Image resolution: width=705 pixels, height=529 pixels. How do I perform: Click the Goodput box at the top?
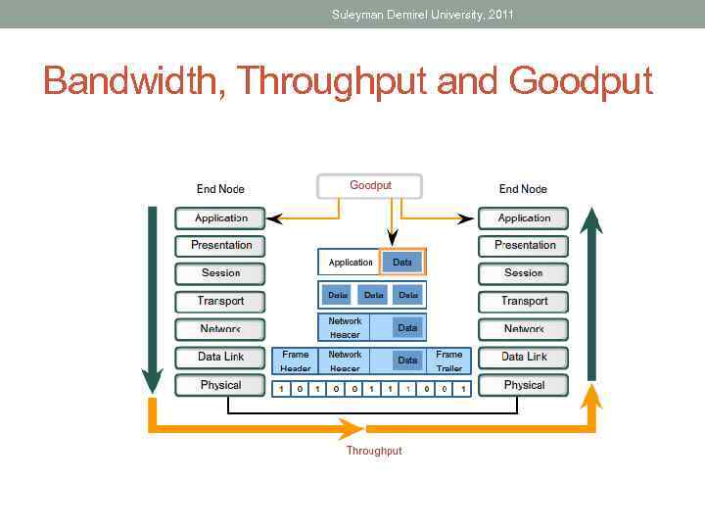369,186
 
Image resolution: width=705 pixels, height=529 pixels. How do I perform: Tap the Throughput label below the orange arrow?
374,451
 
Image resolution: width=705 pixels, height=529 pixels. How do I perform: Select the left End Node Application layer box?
220,218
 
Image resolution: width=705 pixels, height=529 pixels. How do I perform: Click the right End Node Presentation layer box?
525,245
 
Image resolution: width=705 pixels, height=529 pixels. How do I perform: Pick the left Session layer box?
220,273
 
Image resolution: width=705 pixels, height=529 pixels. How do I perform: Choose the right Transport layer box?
525,301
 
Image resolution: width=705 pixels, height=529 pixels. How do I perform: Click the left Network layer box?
220,329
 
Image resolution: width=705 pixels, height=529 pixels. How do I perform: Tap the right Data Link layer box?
525,357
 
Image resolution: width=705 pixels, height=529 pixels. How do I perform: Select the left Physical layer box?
220,385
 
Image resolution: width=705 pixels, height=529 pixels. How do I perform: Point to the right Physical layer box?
525,385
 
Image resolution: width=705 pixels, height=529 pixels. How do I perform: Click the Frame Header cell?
295,361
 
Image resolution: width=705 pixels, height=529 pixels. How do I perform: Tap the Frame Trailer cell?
449,361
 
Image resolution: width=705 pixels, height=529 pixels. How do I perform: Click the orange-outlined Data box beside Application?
402,263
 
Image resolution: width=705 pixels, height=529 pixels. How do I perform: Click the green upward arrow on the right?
590,294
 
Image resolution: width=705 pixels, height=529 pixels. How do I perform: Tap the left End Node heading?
220,189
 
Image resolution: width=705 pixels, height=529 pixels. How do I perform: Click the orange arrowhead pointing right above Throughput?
351,428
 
